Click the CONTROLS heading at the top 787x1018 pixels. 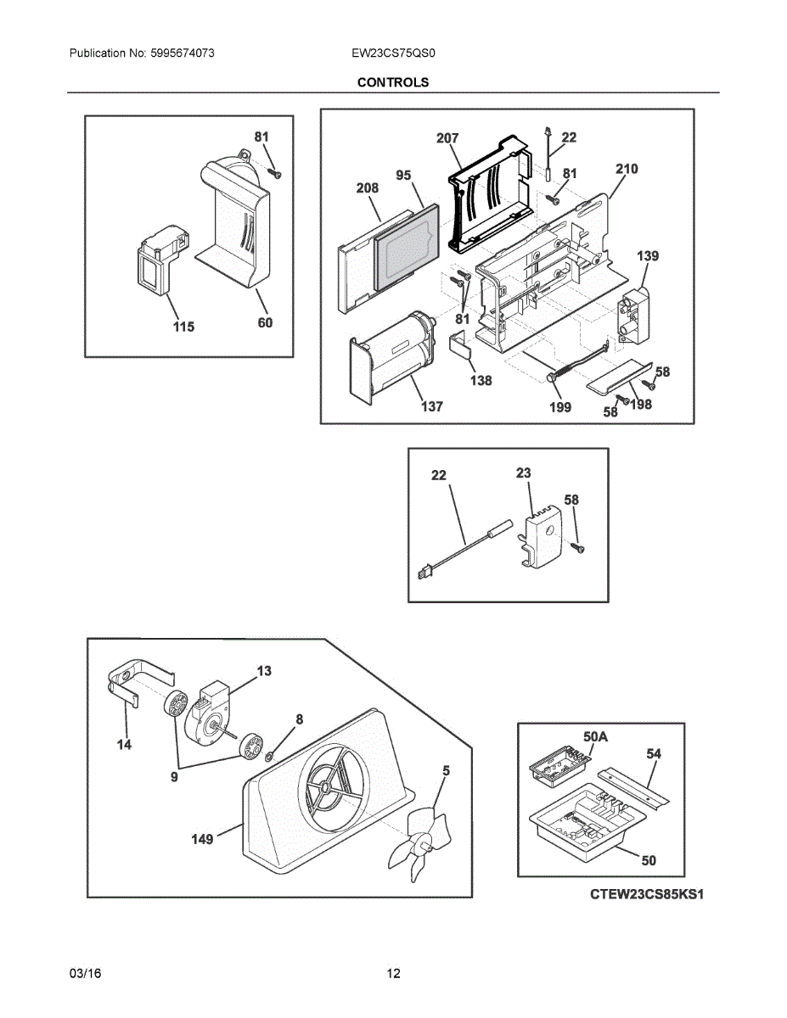click(x=392, y=82)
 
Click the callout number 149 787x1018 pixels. click(x=202, y=839)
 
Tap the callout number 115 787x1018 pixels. click(x=183, y=327)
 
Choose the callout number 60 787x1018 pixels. click(x=265, y=322)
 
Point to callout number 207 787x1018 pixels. click(x=447, y=138)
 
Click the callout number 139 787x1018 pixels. click(x=648, y=255)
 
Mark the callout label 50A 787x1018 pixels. click(x=596, y=736)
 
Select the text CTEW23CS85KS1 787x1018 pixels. click(x=648, y=894)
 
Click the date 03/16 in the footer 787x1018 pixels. click(x=85, y=973)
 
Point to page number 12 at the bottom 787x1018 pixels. click(x=393, y=973)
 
